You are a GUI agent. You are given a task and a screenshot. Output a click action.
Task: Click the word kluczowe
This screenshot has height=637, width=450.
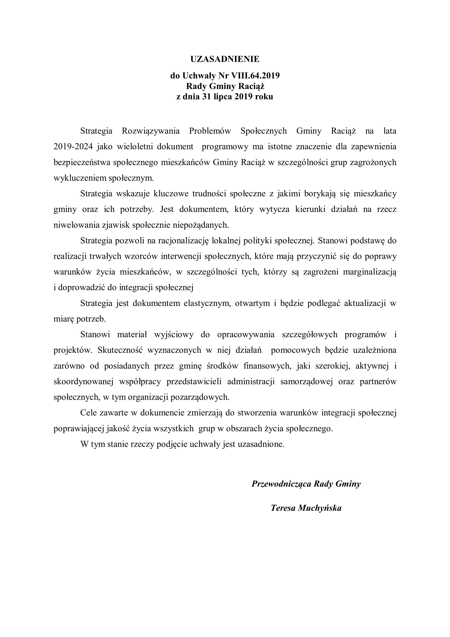(170, 194)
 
